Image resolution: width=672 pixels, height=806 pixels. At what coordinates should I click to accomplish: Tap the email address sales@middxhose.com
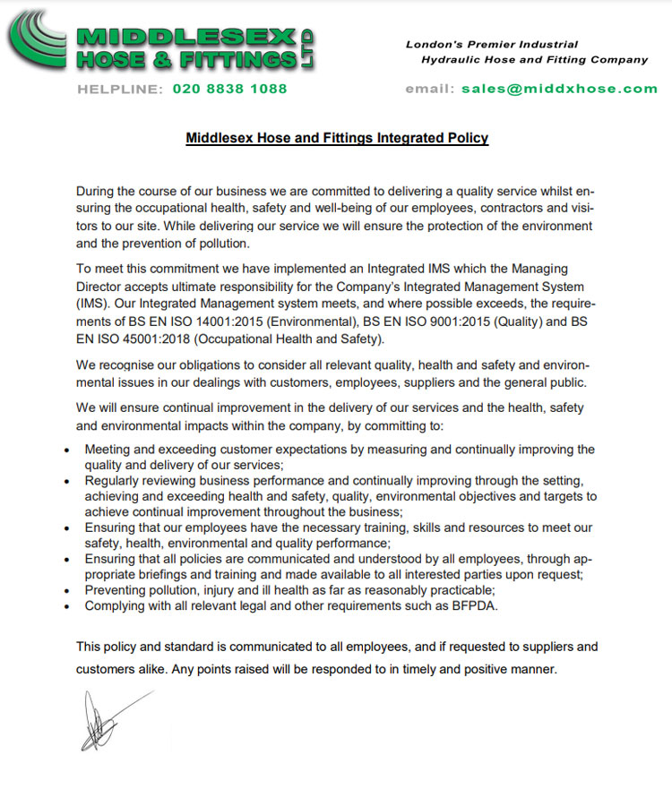point(559,89)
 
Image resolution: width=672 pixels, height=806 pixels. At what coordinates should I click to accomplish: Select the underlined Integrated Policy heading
point(337,138)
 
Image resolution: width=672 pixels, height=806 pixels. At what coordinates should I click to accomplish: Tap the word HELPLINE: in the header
point(120,89)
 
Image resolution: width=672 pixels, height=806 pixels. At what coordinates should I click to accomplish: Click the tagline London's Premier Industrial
point(492,44)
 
